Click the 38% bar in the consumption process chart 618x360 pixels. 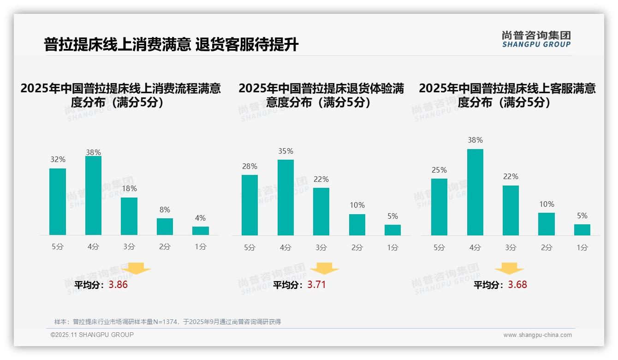(x=93, y=196)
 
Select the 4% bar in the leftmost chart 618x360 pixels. (x=200, y=231)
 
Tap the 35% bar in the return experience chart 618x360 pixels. (x=285, y=198)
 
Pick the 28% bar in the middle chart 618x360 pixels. (x=250, y=205)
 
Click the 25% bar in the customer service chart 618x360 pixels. (x=439, y=207)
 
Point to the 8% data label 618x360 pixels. (x=165, y=210)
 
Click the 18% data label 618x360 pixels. (x=129, y=189)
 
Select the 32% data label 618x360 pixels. (x=58, y=160)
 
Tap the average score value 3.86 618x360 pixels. (x=118, y=285)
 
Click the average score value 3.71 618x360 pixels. (x=316, y=285)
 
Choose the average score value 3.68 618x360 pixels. (x=517, y=285)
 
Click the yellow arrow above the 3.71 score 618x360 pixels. (x=324, y=269)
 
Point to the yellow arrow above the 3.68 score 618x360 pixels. (x=509, y=269)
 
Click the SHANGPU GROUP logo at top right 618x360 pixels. (x=536, y=39)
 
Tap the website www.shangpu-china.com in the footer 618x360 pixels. (x=537, y=335)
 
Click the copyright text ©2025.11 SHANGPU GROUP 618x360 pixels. (x=92, y=335)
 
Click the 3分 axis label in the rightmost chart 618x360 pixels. (x=511, y=247)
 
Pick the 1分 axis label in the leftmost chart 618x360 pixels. (x=200, y=247)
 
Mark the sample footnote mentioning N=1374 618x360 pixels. (x=167, y=322)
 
